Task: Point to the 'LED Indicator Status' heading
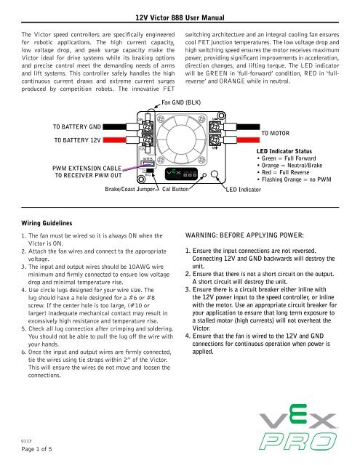pos(292,149)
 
